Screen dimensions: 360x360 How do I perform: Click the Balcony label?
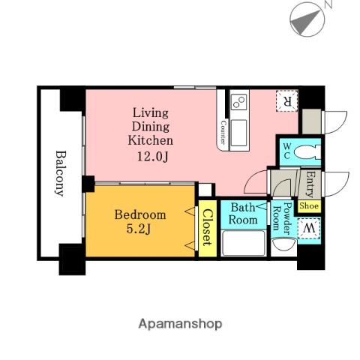point(59,173)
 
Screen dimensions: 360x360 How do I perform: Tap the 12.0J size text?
point(152,157)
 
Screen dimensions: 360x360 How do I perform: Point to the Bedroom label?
point(140,215)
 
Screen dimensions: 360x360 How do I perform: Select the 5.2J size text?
point(138,229)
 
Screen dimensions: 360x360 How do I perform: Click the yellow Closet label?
point(208,227)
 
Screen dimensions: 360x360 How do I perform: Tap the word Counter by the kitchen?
point(223,133)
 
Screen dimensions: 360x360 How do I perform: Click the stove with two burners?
point(238,102)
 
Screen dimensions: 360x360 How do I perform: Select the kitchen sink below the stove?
point(238,133)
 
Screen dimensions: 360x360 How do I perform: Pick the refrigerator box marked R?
point(287,100)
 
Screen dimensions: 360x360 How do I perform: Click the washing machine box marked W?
point(308,228)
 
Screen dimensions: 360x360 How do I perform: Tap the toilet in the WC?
point(307,152)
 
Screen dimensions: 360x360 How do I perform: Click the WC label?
point(286,151)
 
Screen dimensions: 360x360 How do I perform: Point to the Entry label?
point(310,184)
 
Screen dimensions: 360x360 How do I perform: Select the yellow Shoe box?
point(309,206)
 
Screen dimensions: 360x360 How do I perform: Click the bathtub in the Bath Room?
point(244,243)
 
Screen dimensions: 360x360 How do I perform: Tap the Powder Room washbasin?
point(283,244)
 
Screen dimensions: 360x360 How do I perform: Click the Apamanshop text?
point(180,324)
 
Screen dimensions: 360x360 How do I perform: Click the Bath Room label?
point(243,214)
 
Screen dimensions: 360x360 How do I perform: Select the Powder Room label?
point(282,218)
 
